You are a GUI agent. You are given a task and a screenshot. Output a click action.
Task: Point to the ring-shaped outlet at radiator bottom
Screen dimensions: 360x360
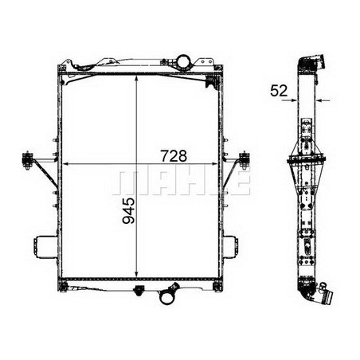click(x=169, y=298)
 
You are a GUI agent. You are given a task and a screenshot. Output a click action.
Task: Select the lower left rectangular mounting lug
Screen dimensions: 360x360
click(x=42, y=247)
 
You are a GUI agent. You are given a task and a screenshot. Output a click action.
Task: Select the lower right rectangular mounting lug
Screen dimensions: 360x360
click(x=229, y=247)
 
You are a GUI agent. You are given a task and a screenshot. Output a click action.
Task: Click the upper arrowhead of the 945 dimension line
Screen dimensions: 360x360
click(x=140, y=78)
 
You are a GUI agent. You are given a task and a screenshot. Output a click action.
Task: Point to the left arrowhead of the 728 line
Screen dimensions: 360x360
click(x=65, y=164)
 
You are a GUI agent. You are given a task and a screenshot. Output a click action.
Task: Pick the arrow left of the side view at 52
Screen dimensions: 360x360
click(x=295, y=101)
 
